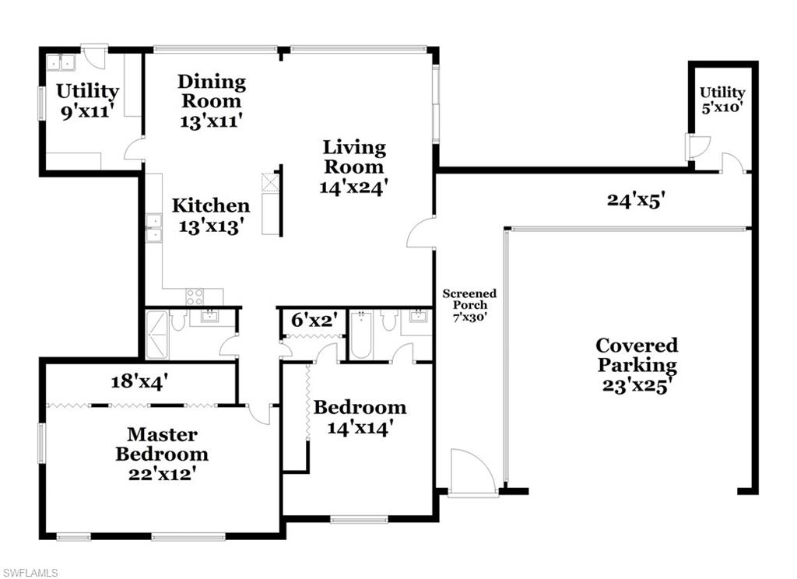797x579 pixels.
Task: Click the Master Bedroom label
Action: click(162, 454)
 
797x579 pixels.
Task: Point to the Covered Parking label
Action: click(637, 365)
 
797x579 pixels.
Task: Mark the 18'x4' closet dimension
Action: click(140, 381)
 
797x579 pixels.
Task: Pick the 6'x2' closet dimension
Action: click(310, 320)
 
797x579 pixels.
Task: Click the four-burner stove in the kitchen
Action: click(195, 297)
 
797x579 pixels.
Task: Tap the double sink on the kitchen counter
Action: click(153, 226)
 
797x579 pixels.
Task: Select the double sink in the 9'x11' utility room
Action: click(60, 62)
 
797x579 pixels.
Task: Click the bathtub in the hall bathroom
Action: click(361, 335)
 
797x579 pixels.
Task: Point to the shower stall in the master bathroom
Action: click(156, 334)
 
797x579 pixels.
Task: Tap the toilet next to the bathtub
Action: click(389, 321)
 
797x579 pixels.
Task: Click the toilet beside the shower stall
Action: click(178, 321)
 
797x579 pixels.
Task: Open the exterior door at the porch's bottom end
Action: click(472, 473)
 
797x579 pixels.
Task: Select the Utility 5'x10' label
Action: click(722, 100)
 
